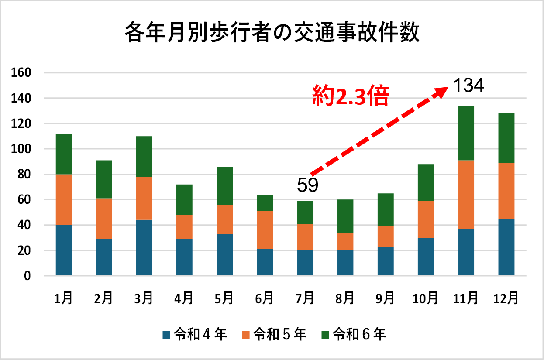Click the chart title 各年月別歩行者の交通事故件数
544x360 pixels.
click(272, 34)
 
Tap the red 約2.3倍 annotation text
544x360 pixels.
click(350, 96)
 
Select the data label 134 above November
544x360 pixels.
click(468, 86)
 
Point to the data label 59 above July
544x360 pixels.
click(308, 185)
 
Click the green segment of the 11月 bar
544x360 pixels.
click(466, 133)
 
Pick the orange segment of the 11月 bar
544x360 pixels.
click(466, 195)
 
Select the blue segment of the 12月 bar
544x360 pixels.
click(506, 247)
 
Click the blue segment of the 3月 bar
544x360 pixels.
click(144, 247)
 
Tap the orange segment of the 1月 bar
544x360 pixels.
click(64, 200)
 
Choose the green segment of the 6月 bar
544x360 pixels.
click(265, 203)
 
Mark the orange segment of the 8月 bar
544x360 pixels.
click(345, 241)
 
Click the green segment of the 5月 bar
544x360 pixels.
click(224, 186)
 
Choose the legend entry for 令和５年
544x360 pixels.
click(274, 335)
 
